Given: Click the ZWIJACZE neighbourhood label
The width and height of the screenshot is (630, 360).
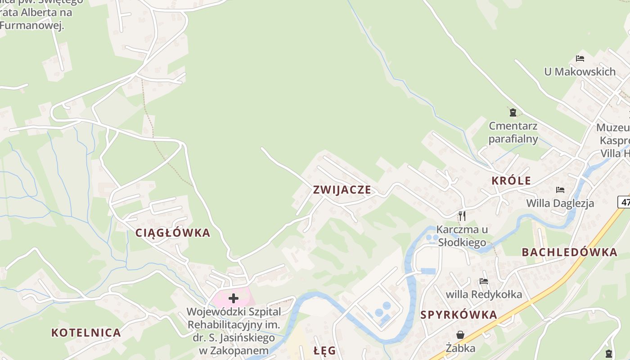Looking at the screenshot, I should click(342, 190).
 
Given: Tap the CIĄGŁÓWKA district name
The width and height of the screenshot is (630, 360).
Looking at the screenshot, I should click(173, 233).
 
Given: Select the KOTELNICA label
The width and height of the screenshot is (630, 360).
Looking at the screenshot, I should click(86, 333).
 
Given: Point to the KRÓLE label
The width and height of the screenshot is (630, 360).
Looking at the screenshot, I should click(511, 181).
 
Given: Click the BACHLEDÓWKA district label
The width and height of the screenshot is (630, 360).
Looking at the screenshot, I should click(569, 252).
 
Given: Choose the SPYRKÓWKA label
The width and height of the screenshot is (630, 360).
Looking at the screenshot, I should click(459, 315).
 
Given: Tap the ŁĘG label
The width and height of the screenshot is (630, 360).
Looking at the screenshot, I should click(325, 351).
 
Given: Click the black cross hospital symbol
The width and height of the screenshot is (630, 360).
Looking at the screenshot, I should click(233, 298).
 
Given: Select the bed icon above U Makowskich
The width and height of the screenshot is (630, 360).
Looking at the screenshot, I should click(580, 58).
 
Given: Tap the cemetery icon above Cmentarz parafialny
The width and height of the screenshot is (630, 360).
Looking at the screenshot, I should click(512, 112).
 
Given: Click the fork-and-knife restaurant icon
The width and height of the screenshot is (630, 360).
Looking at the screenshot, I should click(462, 216).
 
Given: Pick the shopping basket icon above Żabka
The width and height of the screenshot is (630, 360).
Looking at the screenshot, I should click(460, 335).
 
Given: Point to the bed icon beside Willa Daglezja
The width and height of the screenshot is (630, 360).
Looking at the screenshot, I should click(560, 190).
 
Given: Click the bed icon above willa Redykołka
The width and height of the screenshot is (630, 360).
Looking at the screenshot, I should click(484, 281).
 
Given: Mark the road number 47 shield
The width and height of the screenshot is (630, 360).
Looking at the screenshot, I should click(625, 202).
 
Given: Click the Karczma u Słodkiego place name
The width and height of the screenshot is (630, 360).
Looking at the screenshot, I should click(462, 236).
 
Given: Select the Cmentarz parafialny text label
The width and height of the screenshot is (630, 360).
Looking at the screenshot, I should click(513, 132).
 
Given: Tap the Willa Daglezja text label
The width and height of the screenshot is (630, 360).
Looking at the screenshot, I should click(560, 203).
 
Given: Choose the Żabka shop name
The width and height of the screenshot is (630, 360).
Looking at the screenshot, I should click(460, 348).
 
